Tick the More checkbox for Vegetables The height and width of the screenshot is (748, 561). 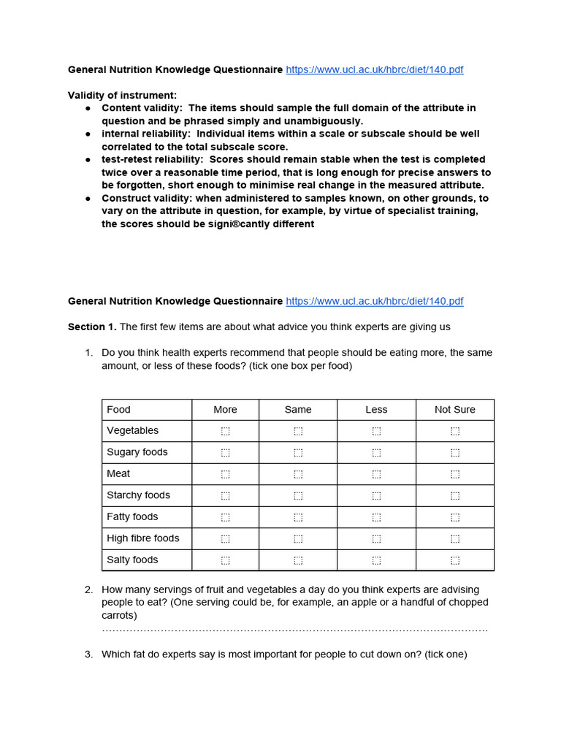point(225,431)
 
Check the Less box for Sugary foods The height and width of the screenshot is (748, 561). point(376,453)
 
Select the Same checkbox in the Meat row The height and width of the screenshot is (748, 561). point(298,474)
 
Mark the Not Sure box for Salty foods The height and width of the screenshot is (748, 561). point(455,560)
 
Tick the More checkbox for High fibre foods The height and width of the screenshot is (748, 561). point(225,538)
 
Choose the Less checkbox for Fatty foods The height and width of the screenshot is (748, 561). point(376,517)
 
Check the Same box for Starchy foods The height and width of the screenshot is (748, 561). point(298,495)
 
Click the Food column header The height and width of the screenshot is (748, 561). point(118,410)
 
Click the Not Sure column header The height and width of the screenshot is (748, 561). point(454,410)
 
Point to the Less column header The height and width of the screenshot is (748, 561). point(376,410)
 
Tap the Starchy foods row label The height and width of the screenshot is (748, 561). point(138,495)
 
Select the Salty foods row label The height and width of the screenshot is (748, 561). point(132,560)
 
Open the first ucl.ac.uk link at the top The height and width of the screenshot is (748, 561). point(374,70)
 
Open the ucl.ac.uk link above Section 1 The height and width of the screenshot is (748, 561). point(374,302)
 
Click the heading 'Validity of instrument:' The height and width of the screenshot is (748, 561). point(122,95)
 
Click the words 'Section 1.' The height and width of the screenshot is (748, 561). point(92,327)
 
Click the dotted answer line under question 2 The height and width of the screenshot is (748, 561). point(294,629)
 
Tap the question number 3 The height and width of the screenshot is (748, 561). point(88,654)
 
